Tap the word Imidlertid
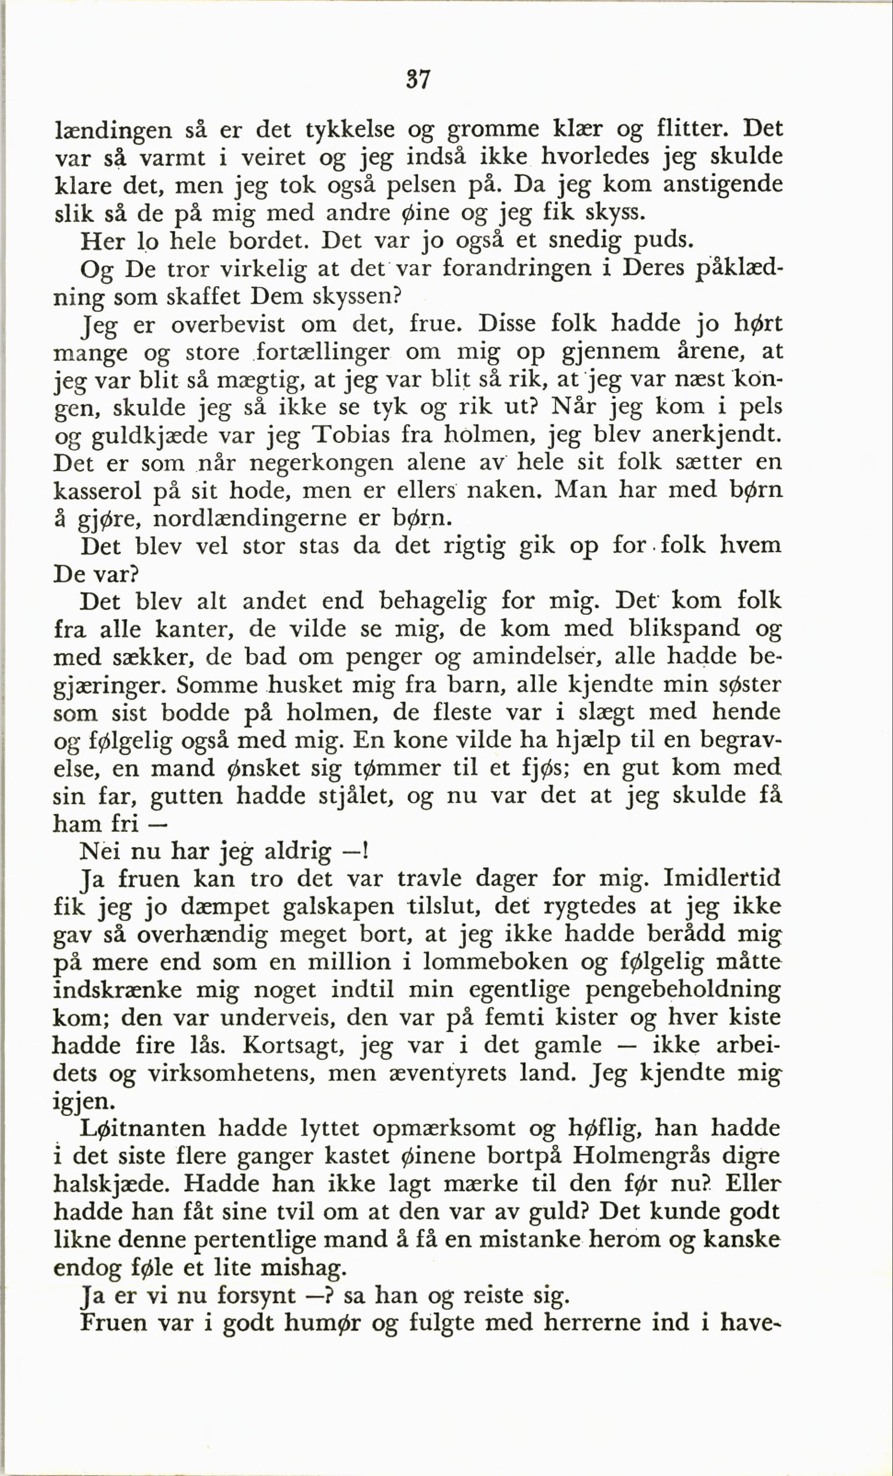[722, 879]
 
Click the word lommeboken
[495, 962]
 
